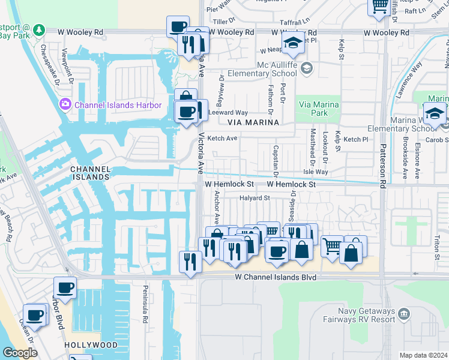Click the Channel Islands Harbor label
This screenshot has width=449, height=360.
coord(118,106)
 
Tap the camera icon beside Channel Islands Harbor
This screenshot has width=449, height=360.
coord(65,106)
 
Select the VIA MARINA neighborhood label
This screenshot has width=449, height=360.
coord(253,122)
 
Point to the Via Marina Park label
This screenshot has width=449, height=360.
coord(319,109)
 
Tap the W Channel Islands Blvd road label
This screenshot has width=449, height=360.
coord(275,278)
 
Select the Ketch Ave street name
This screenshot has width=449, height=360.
coord(223,139)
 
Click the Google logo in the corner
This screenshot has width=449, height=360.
coord(19,353)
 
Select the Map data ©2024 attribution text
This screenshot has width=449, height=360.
coord(423,355)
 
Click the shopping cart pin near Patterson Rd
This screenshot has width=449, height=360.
coord(331,245)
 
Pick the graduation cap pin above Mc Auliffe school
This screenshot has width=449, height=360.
coord(293,43)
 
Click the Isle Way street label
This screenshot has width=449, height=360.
coord(316,172)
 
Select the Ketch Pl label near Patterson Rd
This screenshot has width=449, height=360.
coord(355,139)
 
